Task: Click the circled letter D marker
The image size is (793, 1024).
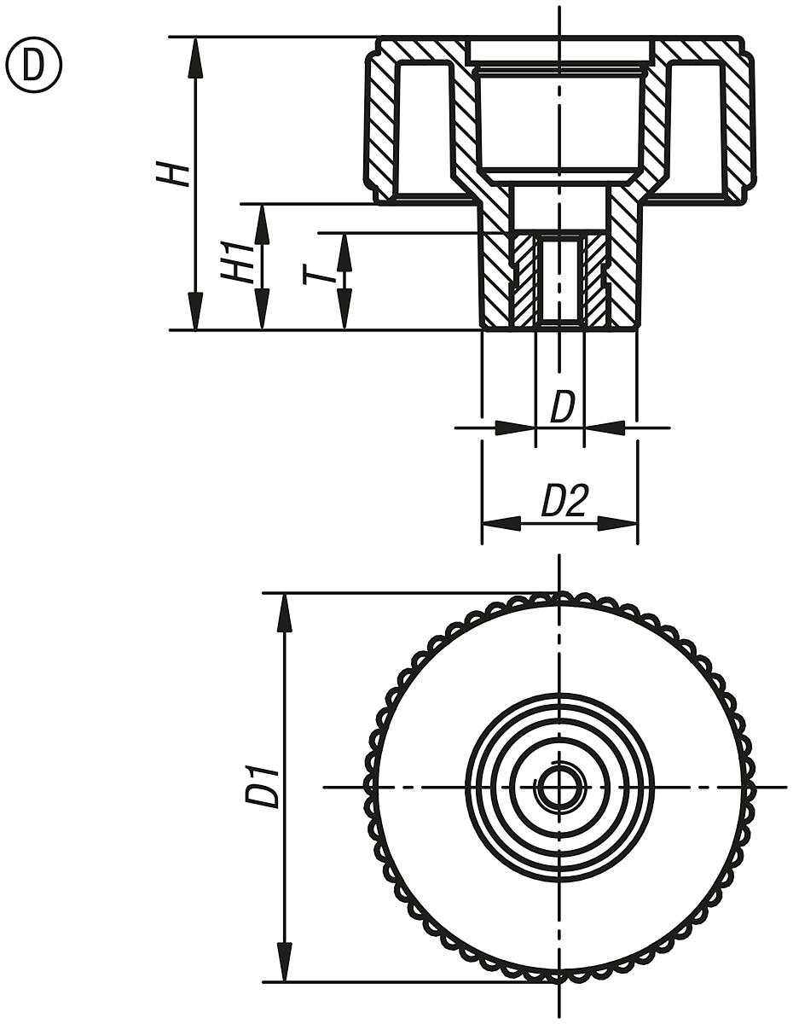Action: (x=34, y=66)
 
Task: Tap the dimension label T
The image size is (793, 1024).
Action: (x=318, y=275)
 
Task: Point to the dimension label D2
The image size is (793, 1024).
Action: (x=564, y=502)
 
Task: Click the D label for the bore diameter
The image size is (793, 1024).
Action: (x=562, y=408)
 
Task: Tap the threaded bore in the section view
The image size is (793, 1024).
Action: (x=559, y=280)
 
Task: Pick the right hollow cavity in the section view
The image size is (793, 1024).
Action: (x=697, y=128)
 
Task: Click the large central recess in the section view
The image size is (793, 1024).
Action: (x=559, y=119)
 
